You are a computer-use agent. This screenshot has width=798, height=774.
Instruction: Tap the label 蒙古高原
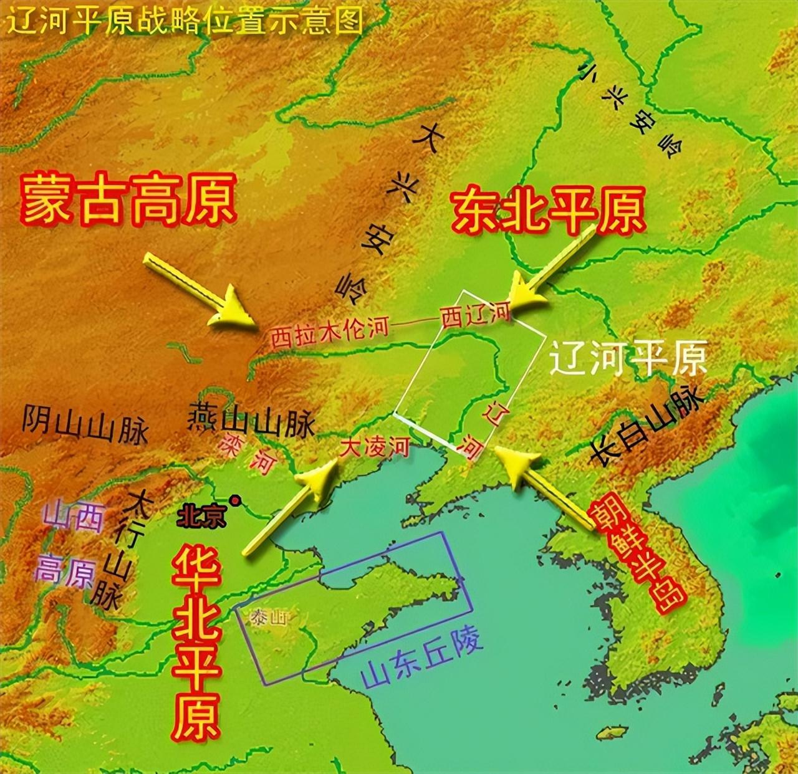pos(128,199)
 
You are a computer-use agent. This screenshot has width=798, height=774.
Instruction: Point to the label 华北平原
pos(198,642)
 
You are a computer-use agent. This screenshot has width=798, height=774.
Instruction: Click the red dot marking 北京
pos(235,500)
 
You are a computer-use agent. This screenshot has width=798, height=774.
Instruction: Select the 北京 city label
pos(201,517)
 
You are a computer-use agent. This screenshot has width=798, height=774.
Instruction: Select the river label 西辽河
pos(475,313)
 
